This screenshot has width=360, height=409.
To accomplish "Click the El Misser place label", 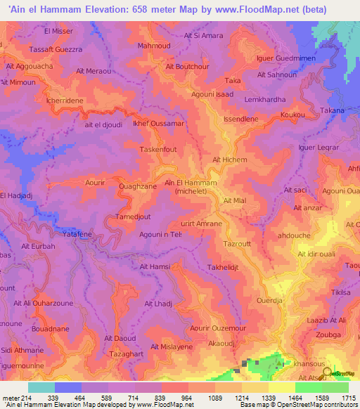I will [58, 32].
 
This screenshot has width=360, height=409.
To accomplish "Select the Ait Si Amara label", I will [203, 36].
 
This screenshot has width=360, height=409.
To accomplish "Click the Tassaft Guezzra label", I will [56, 51].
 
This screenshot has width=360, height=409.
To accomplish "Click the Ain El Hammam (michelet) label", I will [191, 186].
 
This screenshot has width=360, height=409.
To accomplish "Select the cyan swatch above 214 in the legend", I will [41, 387].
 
